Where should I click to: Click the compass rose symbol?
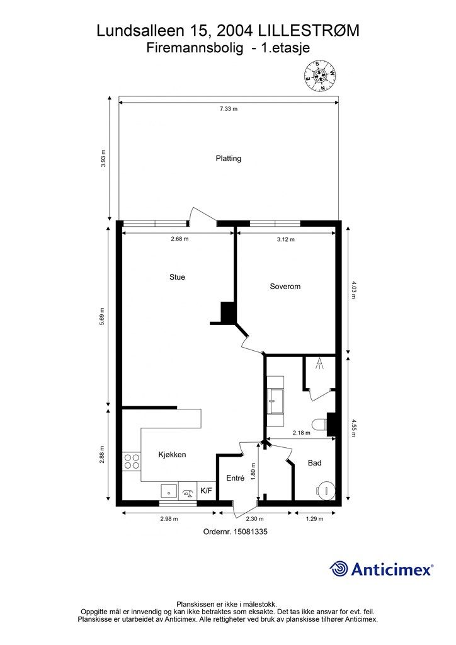320,76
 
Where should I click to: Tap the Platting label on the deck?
228,158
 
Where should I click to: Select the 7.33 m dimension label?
228,109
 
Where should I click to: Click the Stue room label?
177,277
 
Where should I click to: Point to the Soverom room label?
285,287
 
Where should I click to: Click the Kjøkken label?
173,455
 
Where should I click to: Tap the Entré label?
235,478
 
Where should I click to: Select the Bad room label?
314,463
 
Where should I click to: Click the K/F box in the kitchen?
207,491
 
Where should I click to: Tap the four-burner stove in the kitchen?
132,461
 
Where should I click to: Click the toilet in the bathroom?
319,424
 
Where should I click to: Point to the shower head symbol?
319,363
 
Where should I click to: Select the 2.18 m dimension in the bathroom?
302,433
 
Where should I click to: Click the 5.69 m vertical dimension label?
102,316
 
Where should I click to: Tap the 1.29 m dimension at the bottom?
314,519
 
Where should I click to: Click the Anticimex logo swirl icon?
339,569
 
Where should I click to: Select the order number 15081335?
251,532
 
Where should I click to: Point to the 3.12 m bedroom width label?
286,239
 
